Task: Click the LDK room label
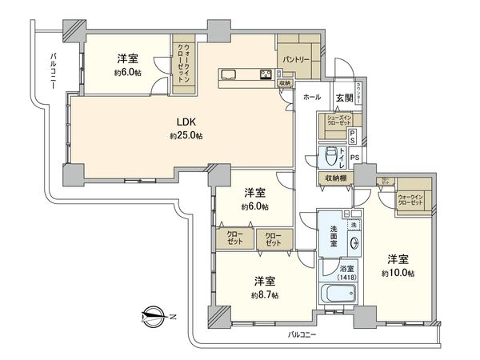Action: point(186,122)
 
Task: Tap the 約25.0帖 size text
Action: point(186,136)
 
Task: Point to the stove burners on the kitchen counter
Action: point(265,76)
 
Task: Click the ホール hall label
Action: point(311,97)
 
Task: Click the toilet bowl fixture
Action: point(329,156)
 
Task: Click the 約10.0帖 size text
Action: point(398,273)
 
